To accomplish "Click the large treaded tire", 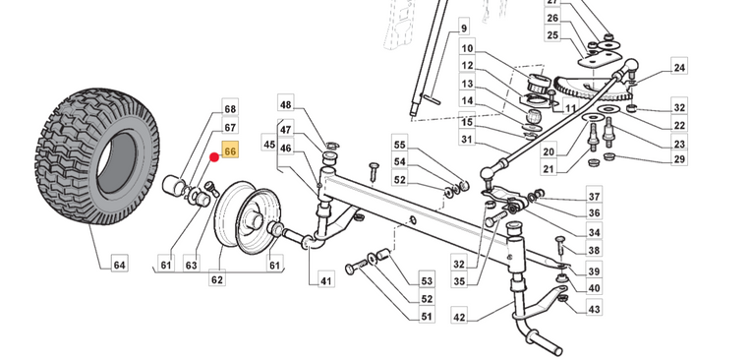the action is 97,156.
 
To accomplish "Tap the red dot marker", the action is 214,157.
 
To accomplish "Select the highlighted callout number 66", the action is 230,151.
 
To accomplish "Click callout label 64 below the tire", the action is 119,265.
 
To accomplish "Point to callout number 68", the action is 230,108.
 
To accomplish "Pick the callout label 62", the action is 217,279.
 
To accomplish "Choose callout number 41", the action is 326,279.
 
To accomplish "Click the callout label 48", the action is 285,104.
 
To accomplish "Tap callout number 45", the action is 269,144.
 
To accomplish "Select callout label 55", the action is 399,144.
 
